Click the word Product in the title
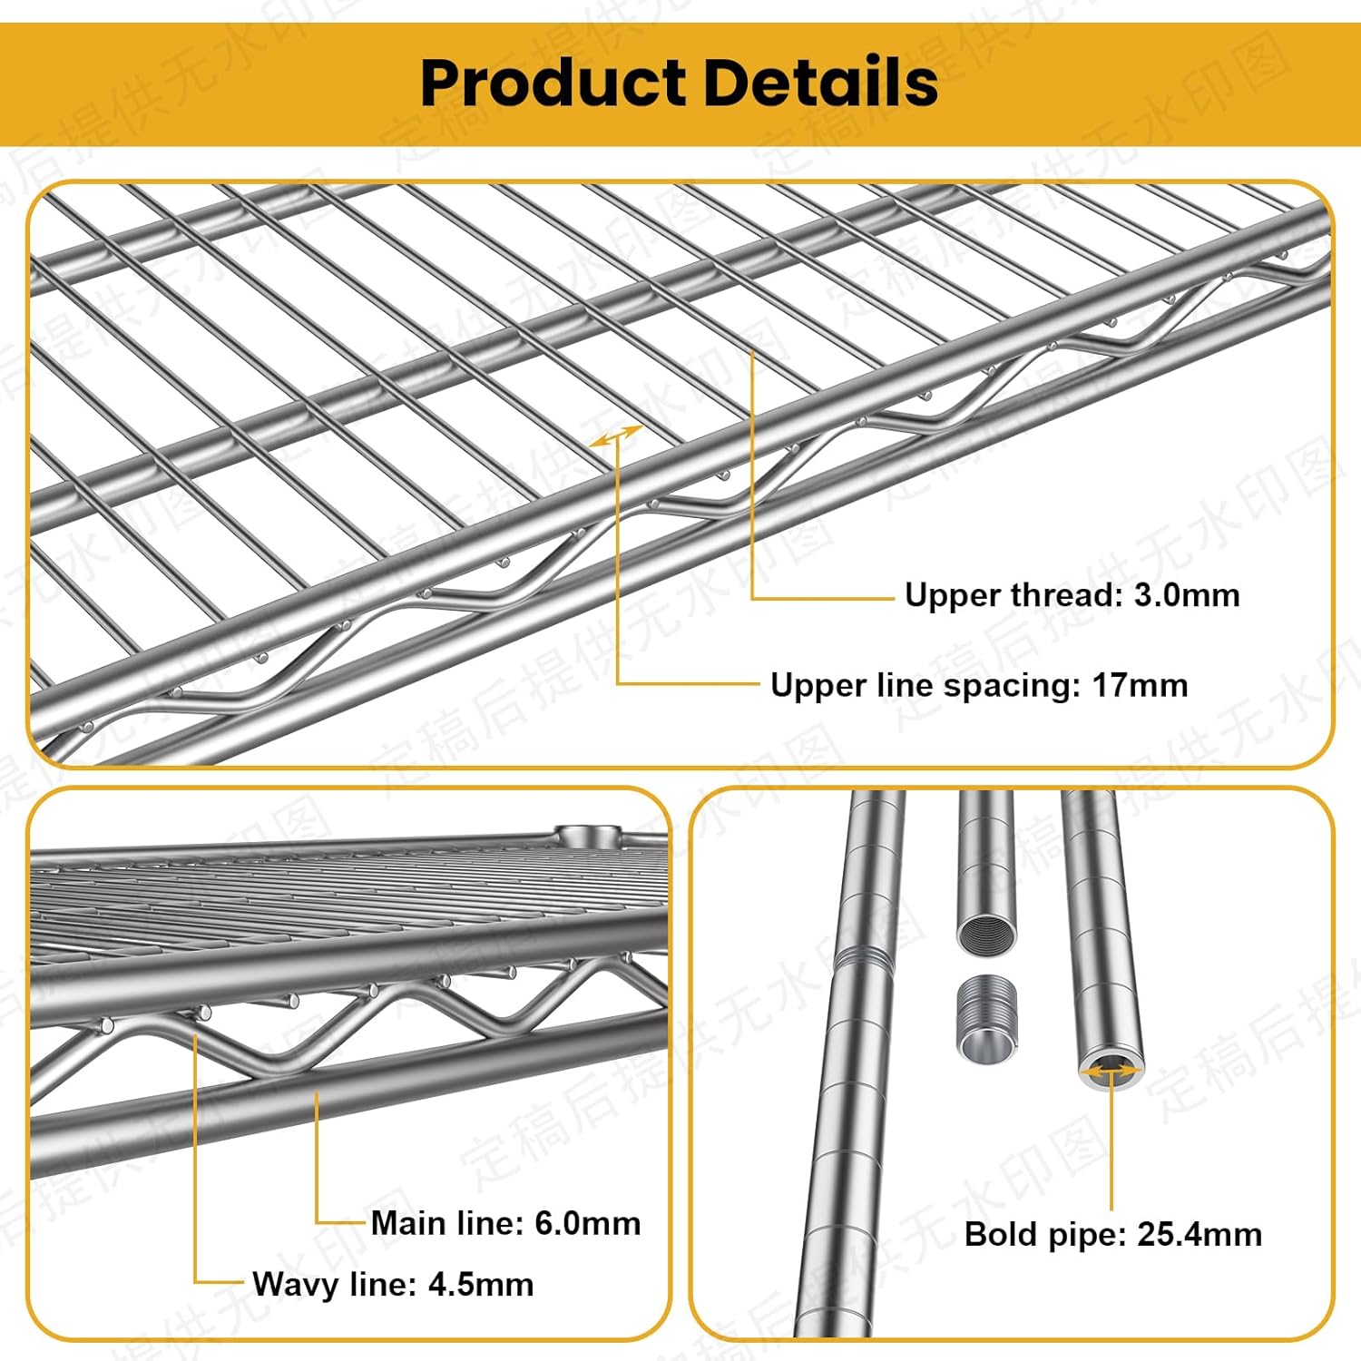point(553,83)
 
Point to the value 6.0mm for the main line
point(587,1223)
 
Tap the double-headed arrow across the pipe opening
point(1111,1072)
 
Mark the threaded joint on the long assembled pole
point(859,958)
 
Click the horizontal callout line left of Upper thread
point(822,599)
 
